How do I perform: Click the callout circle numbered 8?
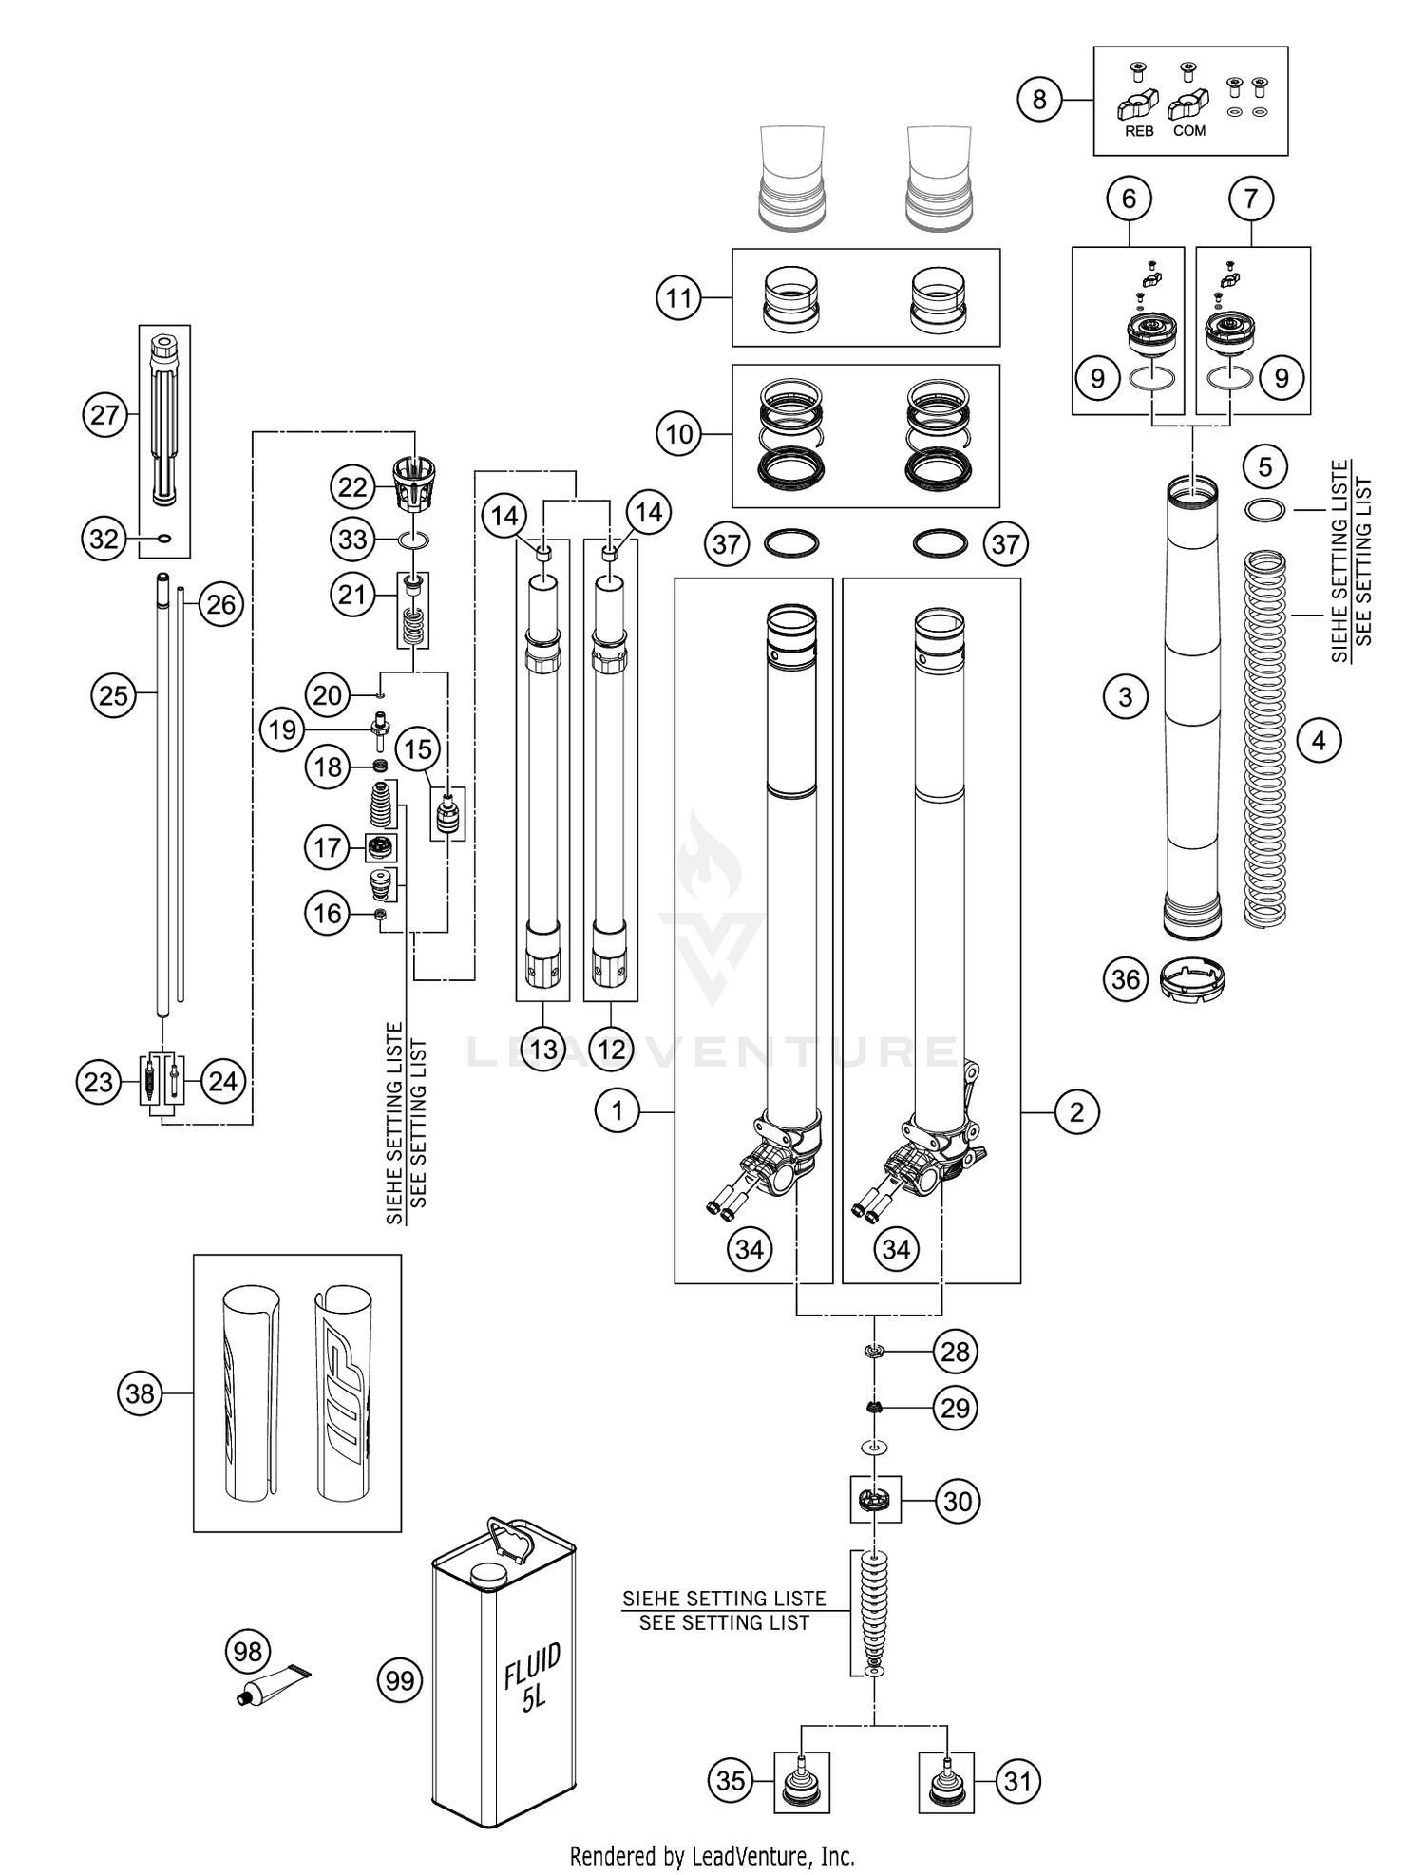click(x=1039, y=99)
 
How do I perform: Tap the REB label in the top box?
click(x=1139, y=132)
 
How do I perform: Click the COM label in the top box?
click(x=1189, y=131)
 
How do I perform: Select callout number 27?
click(x=104, y=415)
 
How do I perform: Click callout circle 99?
click(x=400, y=1680)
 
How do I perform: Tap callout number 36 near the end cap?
click(x=1125, y=978)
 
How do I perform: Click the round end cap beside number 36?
click(x=1193, y=978)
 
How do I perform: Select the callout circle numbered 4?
click(x=1318, y=740)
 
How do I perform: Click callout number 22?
click(x=352, y=487)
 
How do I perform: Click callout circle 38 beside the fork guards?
click(x=140, y=1393)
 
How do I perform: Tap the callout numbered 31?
click(x=1016, y=1781)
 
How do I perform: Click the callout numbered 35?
click(x=731, y=1781)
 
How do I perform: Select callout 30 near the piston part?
click(x=958, y=1502)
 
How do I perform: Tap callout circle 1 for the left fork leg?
click(x=617, y=1110)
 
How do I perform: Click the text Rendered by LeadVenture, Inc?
click(x=712, y=1855)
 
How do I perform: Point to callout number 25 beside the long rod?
click(x=113, y=695)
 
